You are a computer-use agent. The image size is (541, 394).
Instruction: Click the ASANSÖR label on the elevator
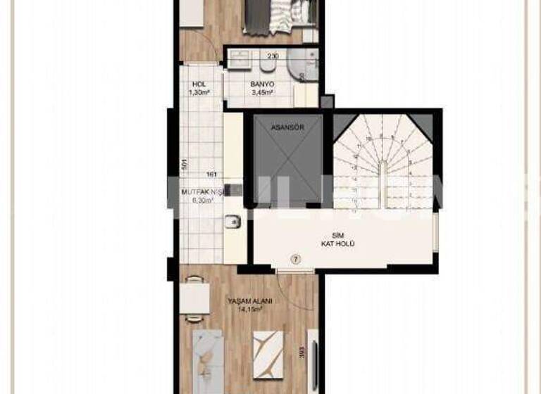pos(287,128)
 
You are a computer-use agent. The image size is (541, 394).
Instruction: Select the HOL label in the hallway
pos(199,83)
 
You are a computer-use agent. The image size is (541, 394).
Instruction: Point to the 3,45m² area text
pos(261,91)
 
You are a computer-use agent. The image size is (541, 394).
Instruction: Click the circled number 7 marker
pos(295,259)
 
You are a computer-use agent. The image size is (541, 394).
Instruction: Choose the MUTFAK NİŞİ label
pos(199,191)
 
